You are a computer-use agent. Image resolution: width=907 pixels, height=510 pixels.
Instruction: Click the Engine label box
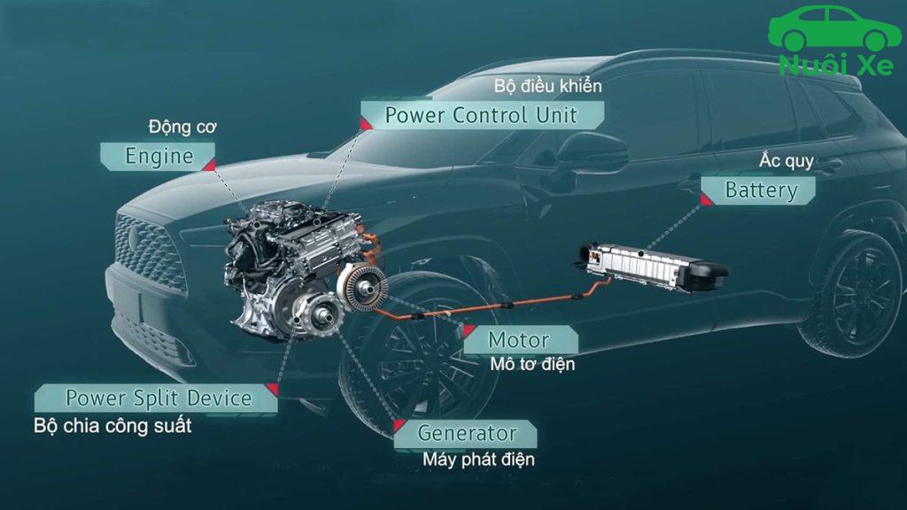pos(159,157)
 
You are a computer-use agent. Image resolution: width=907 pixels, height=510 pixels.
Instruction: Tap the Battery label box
pos(760,189)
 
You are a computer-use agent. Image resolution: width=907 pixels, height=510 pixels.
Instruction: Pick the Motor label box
pos(519,340)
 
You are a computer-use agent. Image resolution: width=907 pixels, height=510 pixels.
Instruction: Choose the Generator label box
pos(466,434)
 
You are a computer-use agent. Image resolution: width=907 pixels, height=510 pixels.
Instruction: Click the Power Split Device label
pos(158,398)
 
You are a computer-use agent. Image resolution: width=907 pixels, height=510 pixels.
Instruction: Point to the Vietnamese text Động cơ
pos(182,127)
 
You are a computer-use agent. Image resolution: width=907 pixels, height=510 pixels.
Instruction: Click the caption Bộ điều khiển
pos(547,86)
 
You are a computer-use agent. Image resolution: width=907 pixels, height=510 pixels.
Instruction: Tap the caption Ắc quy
pos(787,162)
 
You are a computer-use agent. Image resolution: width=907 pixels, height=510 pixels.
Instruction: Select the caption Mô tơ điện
pos(531,364)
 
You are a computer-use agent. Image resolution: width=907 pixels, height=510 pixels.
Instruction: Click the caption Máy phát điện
pos(478,460)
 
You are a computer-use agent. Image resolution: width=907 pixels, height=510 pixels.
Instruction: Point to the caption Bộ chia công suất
pos(112,426)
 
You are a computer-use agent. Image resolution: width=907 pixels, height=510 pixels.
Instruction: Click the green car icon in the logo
pos(833,28)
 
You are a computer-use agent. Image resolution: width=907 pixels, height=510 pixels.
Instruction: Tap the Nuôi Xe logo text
pos(835,65)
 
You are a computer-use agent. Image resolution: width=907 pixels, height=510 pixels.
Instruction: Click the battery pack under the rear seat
pos(651,265)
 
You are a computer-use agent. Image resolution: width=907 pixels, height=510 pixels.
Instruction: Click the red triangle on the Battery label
pos(707,200)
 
